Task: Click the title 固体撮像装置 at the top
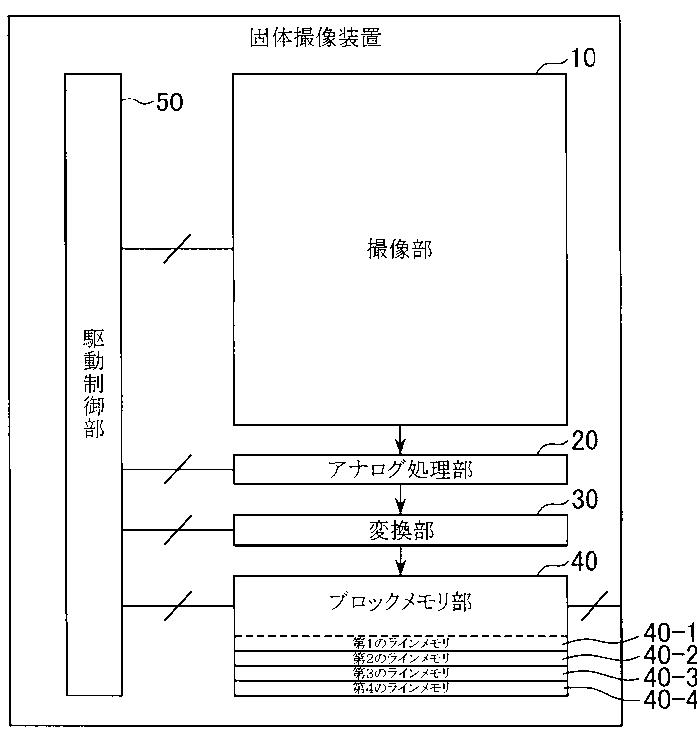[315, 39]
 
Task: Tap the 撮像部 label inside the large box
[400, 250]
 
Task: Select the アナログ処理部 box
[400, 469]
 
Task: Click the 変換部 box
[400, 530]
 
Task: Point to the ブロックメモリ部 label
[400, 602]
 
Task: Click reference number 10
[582, 58]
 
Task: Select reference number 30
[583, 499]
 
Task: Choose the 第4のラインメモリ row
[400, 689]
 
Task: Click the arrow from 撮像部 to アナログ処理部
[400, 440]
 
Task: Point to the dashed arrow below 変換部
[400, 560]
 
